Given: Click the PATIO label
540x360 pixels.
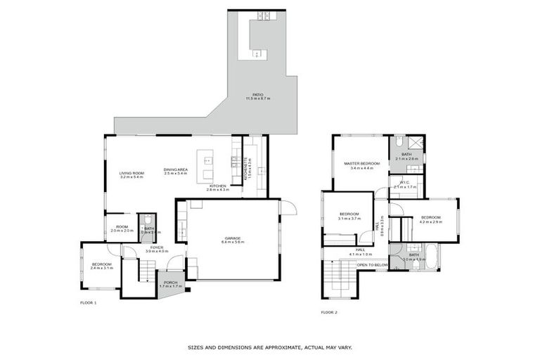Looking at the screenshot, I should click(x=258, y=95).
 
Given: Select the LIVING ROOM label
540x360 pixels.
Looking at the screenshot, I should click(x=131, y=173).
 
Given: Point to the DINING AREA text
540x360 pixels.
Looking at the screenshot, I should click(x=174, y=169).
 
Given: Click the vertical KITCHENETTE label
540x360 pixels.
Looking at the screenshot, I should click(x=245, y=169).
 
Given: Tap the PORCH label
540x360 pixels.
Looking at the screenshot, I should click(x=170, y=283).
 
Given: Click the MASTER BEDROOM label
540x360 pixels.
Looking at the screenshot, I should click(x=361, y=164).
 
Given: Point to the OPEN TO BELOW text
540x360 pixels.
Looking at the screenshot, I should click(x=372, y=265).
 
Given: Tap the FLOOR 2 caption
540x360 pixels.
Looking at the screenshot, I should click(x=329, y=311).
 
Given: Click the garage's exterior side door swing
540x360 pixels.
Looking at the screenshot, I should click(x=288, y=207).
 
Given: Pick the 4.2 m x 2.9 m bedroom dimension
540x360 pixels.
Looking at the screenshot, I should click(x=432, y=221).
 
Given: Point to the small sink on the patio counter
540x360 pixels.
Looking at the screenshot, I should click(x=257, y=53).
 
